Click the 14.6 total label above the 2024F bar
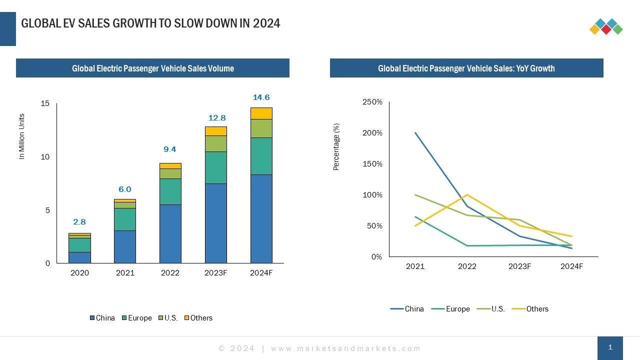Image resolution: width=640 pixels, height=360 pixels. tap(261, 97)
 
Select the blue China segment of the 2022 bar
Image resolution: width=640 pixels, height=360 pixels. tap(170, 233)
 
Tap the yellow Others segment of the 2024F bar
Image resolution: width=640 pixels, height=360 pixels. tap(261, 113)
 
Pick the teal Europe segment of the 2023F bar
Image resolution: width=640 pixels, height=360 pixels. tap(215, 167)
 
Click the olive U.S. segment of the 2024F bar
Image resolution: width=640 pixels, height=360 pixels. tap(261, 128)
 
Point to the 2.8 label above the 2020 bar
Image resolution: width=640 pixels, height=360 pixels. tap(79, 222)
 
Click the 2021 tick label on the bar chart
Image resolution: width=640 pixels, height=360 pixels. tap(125, 273)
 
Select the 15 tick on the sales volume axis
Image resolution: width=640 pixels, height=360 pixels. tap(45, 103)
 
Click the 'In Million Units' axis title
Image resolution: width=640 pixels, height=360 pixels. tap(21, 137)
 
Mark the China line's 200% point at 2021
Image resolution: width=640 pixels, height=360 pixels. tap(415, 133)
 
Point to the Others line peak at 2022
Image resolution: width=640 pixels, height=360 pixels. tap(467, 194)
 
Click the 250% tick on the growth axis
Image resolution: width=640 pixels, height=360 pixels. tap(372, 102)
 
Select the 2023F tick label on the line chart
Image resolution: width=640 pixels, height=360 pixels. tap(519, 266)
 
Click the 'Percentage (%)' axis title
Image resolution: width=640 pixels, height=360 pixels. tap(336, 147)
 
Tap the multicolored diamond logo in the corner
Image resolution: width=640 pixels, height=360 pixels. tap(606, 26)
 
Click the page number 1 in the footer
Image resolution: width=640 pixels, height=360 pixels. tap(610, 347)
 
